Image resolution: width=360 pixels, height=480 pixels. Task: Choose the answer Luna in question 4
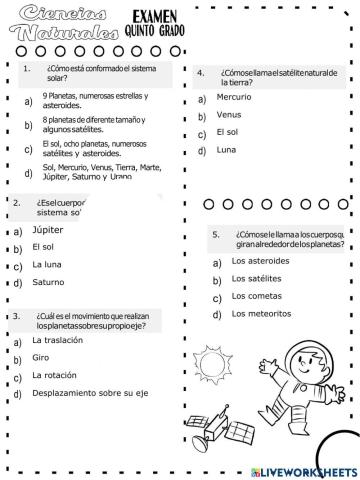(x=227, y=150)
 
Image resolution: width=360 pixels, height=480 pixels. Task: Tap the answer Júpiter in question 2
(x=47, y=229)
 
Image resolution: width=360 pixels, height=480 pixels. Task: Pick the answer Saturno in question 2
(x=47, y=282)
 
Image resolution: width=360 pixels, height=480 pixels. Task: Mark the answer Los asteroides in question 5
(x=260, y=261)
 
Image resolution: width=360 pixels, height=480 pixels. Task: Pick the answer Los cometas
(x=255, y=296)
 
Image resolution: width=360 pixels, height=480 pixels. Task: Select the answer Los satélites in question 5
(x=257, y=279)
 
